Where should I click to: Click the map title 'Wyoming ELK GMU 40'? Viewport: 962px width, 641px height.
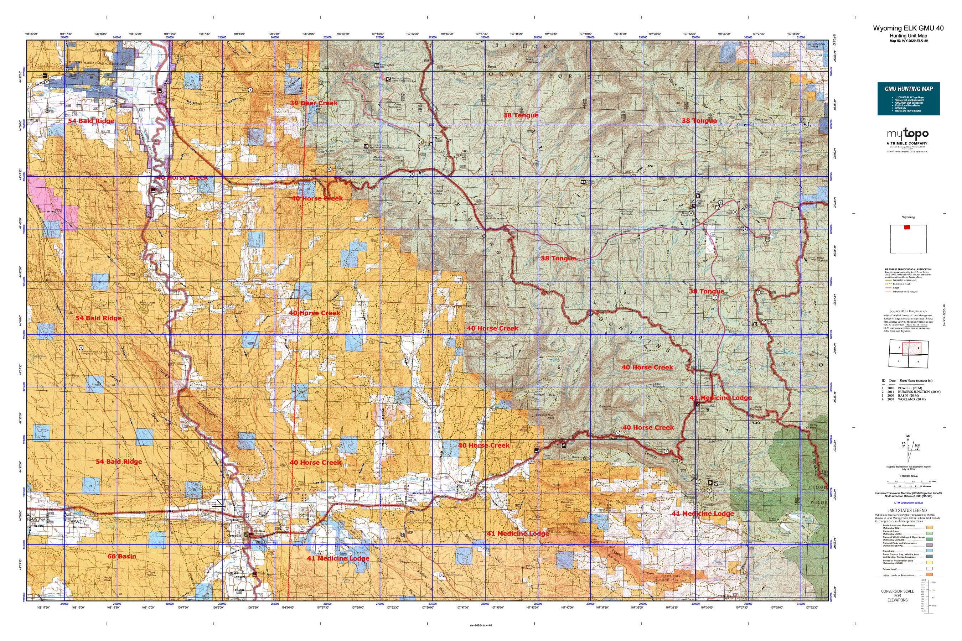[908, 28]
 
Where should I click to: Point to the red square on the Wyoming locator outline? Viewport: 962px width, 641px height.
[907, 227]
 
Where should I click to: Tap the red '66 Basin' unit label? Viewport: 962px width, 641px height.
[121, 556]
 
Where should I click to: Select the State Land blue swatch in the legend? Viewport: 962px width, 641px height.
[929, 551]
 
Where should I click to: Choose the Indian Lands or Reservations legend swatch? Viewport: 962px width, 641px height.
[929, 575]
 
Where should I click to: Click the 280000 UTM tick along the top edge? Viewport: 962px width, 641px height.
[485, 37]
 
